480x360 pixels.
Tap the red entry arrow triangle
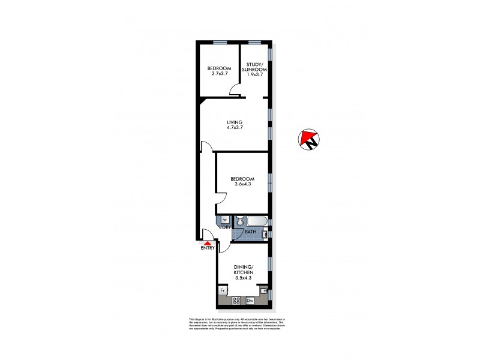(x=207, y=241)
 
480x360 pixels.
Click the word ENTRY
(x=207, y=248)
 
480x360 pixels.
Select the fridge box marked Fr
(x=223, y=290)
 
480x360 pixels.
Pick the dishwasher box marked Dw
(x=250, y=301)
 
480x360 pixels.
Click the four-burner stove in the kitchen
(x=236, y=301)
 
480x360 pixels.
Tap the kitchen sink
(x=263, y=290)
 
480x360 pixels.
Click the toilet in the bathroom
(x=239, y=220)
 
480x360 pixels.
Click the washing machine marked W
(x=224, y=220)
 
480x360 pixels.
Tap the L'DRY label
(x=225, y=227)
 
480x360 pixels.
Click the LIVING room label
(x=235, y=122)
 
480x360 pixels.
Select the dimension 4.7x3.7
(x=235, y=127)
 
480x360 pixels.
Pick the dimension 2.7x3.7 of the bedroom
(x=220, y=73)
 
